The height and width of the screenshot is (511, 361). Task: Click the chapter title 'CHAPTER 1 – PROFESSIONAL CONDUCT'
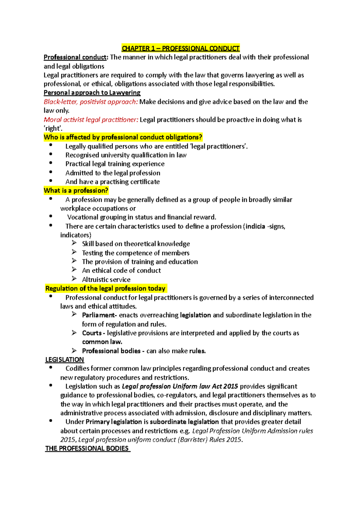click(180, 48)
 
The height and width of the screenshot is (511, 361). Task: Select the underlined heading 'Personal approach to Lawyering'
click(92, 93)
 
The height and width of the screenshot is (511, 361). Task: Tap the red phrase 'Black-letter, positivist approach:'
click(91, 102)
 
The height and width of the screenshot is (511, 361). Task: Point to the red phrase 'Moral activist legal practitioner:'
click(91, 120)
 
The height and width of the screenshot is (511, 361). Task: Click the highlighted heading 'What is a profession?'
click(76, 190)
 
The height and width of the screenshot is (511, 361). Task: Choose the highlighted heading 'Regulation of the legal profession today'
click(105, 289)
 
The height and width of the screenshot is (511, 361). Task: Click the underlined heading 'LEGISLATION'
click(64, 360)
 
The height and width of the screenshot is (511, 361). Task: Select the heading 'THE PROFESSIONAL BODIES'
click(87, 448)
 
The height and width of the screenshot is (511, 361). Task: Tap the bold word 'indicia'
click(255, 226)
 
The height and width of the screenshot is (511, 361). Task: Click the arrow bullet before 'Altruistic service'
click(74, 279)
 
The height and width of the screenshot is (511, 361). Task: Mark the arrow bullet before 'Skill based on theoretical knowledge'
click(74, 243)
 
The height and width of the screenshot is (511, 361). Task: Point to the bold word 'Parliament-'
click(99, 315)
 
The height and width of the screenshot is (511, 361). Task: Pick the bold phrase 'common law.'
click(102, 342)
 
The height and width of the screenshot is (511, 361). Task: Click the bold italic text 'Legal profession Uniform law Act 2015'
click(180, 386)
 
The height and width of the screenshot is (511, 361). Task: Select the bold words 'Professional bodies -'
click(113, 351)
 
